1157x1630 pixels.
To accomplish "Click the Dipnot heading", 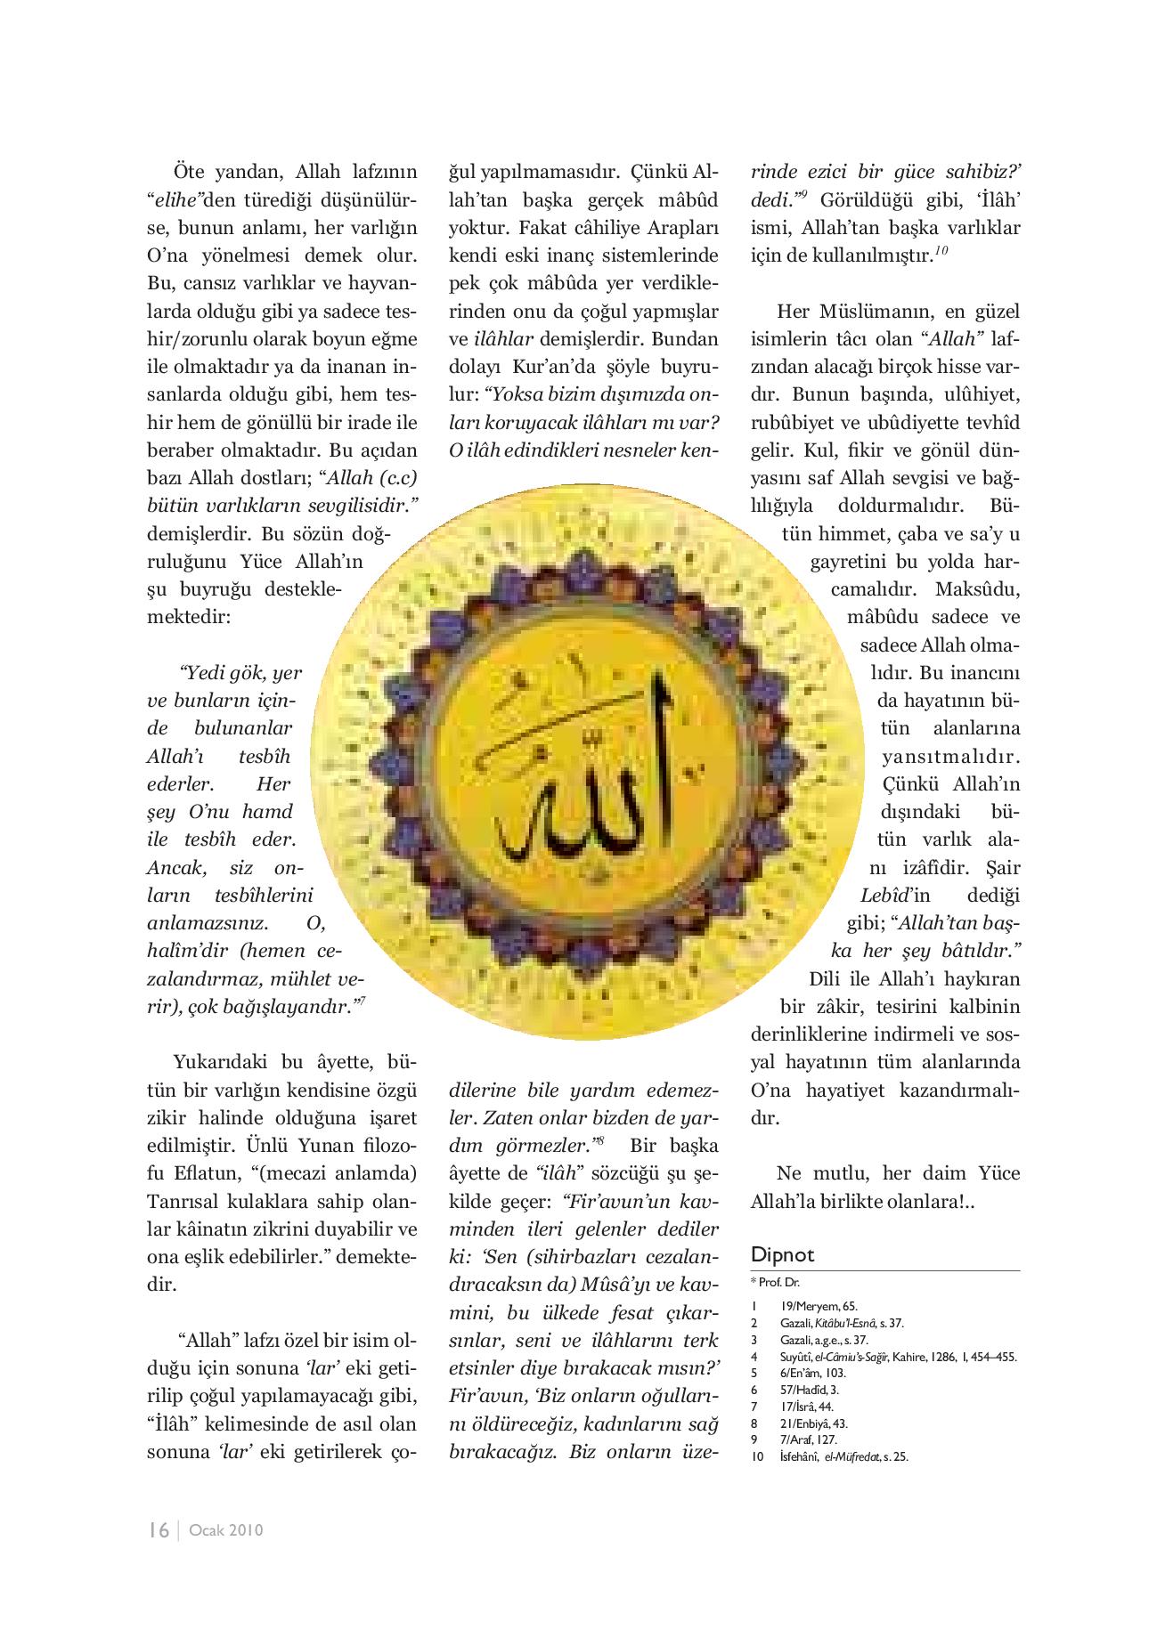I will pyautogui.click(x=782, y=1255).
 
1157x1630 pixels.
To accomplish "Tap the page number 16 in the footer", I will pyautogui.click(x=159, y=1530).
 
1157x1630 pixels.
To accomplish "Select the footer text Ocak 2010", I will pyautogui.click(x=226, y=1531).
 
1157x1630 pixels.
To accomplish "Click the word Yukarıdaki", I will pyautogui.click(x=219, y=1062).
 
